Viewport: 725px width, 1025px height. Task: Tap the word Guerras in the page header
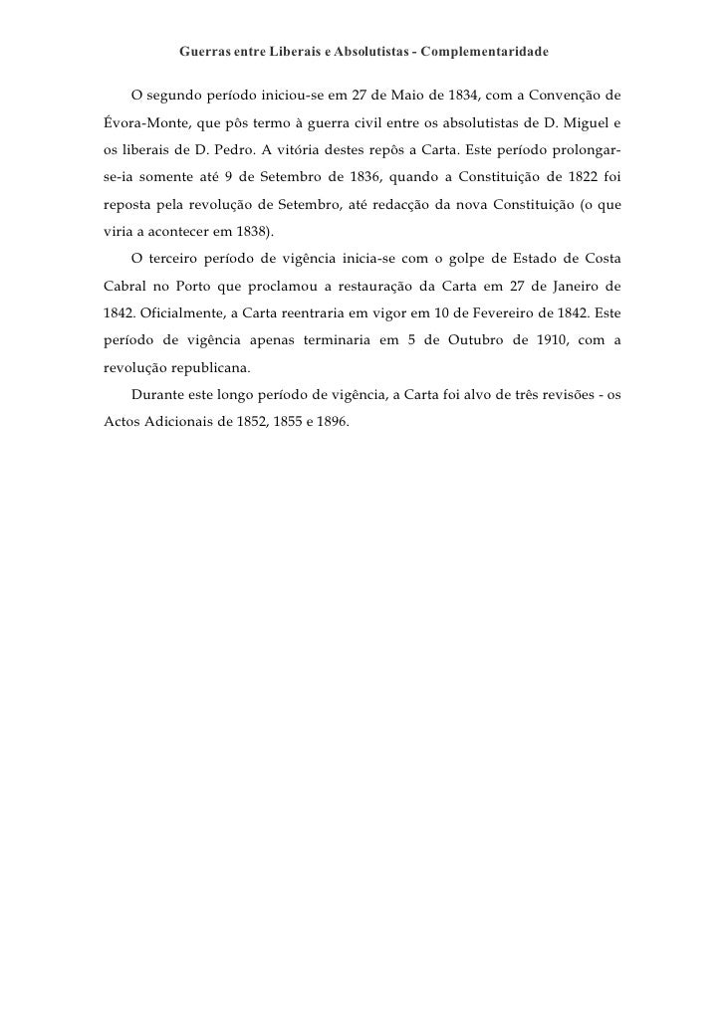[203, 49]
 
